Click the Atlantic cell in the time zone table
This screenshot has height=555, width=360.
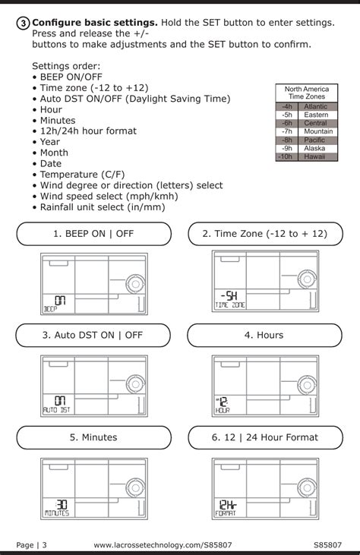(x=315, y=107)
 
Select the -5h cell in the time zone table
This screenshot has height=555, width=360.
(x=286, y=115)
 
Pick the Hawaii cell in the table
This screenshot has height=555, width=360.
(x=315, y=156)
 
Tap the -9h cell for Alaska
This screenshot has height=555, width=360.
(x=286, y=148)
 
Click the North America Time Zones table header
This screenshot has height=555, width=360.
(x=306, y=93)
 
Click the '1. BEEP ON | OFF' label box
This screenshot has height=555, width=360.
(x=93, y=234)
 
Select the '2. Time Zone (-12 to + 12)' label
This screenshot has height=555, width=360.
(x=264, y=234)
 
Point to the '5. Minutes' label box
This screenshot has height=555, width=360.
(x=93, y=437)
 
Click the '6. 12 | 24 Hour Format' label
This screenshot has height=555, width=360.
(x=264, y=437)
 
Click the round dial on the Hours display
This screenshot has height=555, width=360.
(x=305, y=386)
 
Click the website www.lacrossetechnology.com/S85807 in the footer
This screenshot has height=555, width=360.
(x=173, y=544)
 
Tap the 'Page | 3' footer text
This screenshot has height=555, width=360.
(x=31, y=544)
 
